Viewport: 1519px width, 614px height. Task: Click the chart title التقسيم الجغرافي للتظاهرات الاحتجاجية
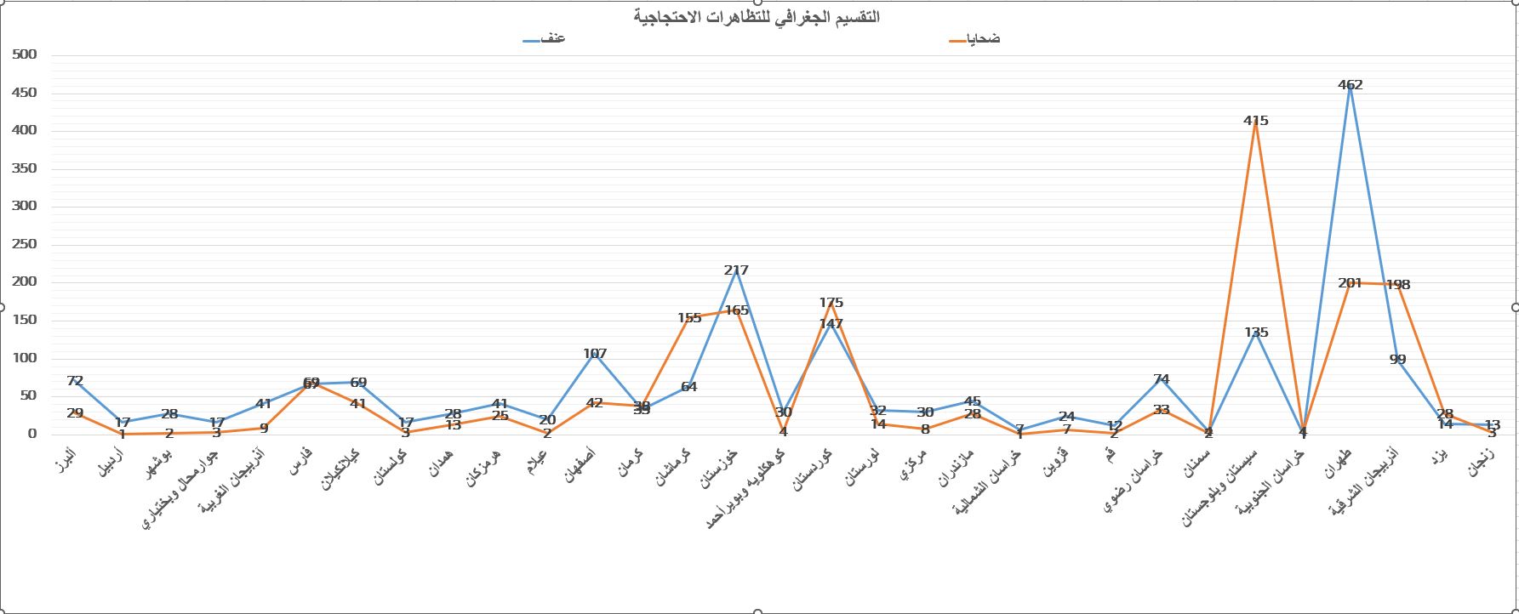757,17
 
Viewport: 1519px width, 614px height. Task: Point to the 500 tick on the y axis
26,54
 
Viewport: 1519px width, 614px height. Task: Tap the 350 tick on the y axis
26,168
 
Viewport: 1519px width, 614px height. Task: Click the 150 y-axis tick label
26,320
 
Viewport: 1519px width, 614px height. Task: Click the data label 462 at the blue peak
1350,85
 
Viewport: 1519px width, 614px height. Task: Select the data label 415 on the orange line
1255,121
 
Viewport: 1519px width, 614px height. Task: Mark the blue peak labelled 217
736,270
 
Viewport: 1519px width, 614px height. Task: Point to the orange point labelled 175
831,303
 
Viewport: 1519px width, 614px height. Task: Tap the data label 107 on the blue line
595,354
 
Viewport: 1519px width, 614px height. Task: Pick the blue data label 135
1256,333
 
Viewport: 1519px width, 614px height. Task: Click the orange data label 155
689,318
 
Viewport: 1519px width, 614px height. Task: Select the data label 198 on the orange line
1397,285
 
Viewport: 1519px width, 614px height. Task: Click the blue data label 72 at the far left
75,381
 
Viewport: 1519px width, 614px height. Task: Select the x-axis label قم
1110,455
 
